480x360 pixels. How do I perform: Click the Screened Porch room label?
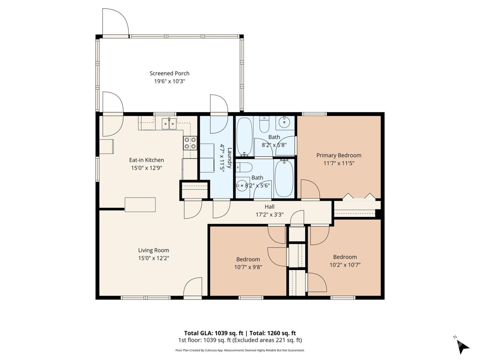click(x=169, y=74)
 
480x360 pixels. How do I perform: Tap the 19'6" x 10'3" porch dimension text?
click(x=170, y=81)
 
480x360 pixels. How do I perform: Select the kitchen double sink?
click(x=169, y=124)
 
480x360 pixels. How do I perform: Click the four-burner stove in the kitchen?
click(x=190, y=143)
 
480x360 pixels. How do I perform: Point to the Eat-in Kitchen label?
click(x=146, y=160)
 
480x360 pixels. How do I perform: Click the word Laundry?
click(x=230, y=158)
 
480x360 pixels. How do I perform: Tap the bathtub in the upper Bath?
click(x=244, y=137)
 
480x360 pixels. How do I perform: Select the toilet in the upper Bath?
click(x=264, y=124)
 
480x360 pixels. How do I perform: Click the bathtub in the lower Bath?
click(x=284, y=178)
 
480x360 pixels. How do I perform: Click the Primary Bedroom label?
click(x=339, y=156)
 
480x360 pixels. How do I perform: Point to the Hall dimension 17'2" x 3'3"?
click(x=270, y=215)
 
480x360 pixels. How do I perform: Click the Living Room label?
click(x=154, y=250)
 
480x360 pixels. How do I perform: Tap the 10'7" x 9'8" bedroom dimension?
click(x=248, y=267)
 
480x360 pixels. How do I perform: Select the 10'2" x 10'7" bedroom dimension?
click(x=345, y=265)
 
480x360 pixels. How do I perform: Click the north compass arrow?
click(x=462, y=350)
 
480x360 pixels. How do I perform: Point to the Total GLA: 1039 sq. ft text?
click(x=214, y=333)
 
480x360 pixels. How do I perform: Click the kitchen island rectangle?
click(x=140, y=204)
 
